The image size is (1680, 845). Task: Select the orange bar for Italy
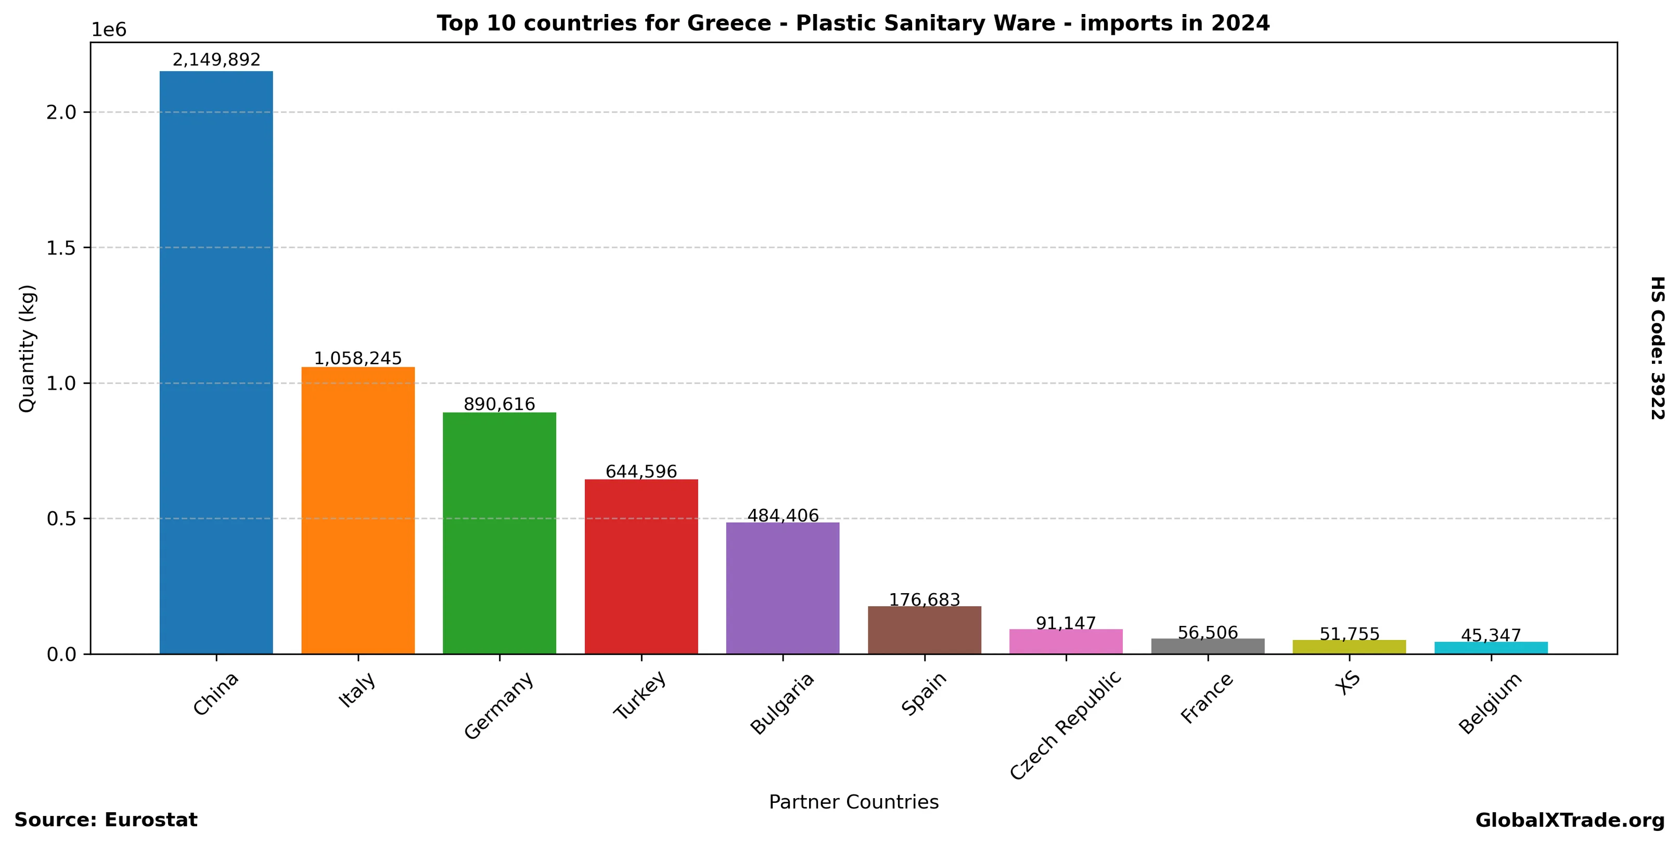coord(357,510)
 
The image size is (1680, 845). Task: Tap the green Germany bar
coord(499,533)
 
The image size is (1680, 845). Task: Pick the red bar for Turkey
coord(641,566)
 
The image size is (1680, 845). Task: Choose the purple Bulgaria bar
coord(783,587)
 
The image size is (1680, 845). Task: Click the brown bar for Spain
coord(924,629)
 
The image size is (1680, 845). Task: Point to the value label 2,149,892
coord(216,60)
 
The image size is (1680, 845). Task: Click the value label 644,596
coord(641,471)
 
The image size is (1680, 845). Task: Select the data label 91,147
coord(1066,623)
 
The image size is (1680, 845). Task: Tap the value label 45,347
coord(1491,635)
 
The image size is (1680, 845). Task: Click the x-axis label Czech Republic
coord(1065,725)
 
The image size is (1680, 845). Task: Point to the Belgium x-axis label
coord(1490,703)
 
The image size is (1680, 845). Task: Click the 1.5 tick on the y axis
coord(61,248)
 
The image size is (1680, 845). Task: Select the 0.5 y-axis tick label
coord(61,519)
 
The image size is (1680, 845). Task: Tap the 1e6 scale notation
coord(108,30)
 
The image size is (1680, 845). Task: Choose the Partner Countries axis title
coord(853,802)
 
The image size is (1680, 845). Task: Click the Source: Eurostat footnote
coord(106,820)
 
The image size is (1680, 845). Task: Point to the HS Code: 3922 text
coord(1657,348)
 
